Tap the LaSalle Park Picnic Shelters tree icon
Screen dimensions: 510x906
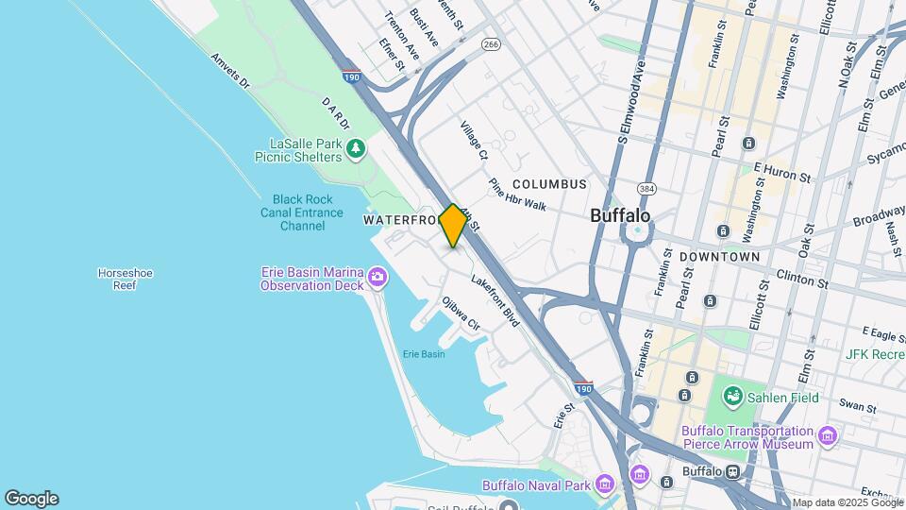click(356, 148)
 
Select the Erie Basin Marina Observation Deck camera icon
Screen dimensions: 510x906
click(377, 277)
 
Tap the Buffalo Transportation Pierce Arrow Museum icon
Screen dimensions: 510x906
click(828, 435)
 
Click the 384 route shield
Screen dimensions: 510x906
click(646, 188)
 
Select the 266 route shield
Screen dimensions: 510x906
click(490, 43)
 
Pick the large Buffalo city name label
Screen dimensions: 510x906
click(620, 215)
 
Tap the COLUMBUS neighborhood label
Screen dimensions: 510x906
click(549, 184)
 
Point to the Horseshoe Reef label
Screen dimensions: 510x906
click(125, 279)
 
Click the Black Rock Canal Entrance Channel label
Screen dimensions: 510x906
click(303, 212)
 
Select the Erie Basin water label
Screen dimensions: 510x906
click(423, 354)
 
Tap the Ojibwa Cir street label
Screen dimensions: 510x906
click(461, 314)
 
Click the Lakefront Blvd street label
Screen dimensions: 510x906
click(495, 300)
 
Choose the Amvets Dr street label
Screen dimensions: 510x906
click(230, 72)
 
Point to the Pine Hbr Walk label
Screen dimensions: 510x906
click(517, 195)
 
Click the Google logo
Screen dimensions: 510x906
click(31, 499)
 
